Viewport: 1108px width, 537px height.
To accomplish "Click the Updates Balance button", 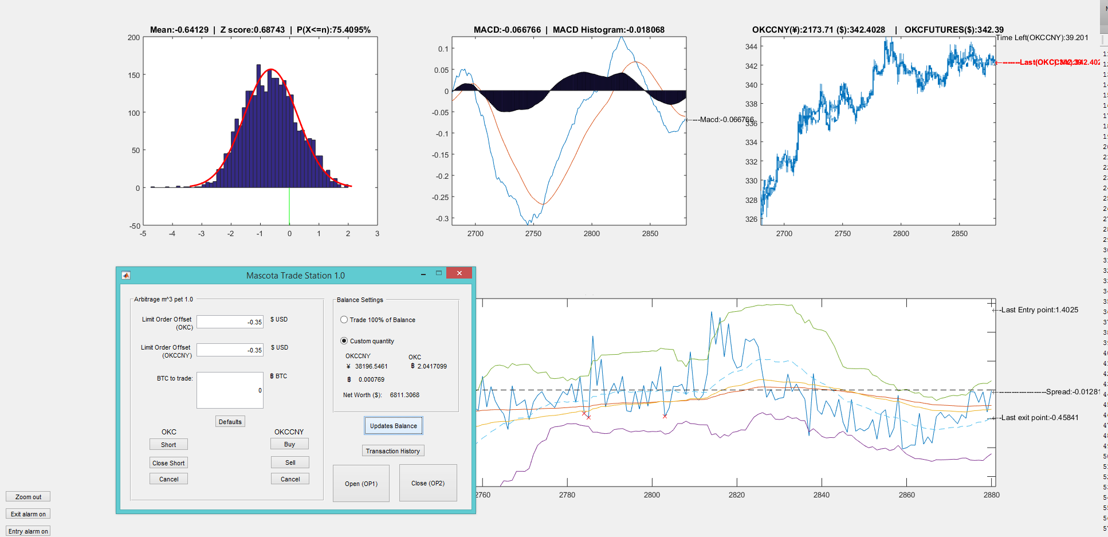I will point(393,426).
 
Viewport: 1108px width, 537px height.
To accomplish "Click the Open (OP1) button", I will point(361,483).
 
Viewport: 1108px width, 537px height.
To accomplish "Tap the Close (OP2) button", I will point(428,483).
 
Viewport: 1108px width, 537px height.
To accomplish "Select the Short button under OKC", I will point(168,445).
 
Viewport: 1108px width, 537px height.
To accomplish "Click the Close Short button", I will point(168,463).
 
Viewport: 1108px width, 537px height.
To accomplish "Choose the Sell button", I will point(290,462).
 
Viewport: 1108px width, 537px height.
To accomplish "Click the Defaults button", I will point(230,422).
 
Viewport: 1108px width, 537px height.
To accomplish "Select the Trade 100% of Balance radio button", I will point(344,320).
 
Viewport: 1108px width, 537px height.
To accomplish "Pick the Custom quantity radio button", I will point(344,341).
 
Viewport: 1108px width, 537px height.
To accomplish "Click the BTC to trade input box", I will point(230,390).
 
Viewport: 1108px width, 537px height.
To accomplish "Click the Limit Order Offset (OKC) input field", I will point(230,322).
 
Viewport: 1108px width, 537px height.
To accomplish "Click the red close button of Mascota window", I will point(459,273).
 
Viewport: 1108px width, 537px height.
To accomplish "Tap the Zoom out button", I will point(28,497).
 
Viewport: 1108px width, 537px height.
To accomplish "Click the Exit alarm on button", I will point(28,514).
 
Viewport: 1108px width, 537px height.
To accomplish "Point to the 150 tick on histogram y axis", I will point(134,75).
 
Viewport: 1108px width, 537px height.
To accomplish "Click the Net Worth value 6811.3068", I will point(404,395).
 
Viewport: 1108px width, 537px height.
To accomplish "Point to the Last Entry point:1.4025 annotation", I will point(1039,310).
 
